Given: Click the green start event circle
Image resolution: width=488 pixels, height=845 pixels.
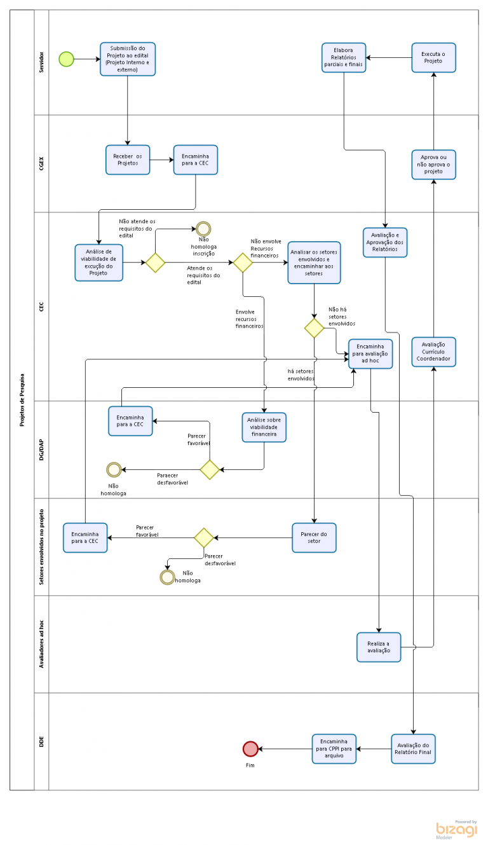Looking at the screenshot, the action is (x=66, y=59).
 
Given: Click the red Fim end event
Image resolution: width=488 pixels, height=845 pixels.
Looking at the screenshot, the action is (x=250, y=749).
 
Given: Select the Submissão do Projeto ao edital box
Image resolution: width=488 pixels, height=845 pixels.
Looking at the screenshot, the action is (x=128, y=59).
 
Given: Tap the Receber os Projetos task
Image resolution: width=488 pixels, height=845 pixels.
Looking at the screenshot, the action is (x=128, y=160).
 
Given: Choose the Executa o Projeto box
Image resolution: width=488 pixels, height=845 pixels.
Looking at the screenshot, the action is (x=434, y=58).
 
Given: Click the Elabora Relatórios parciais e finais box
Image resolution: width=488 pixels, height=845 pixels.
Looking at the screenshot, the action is (x=344, y=58).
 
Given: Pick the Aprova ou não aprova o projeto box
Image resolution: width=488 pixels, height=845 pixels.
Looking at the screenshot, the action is (x=434, y=165).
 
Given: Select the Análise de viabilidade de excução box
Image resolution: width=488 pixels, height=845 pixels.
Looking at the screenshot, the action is (x=98, y=263).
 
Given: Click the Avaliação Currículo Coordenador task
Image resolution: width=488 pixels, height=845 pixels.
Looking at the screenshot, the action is (x=434, y=352).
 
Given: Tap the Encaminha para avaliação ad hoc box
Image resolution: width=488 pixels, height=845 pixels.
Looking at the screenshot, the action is (x=370, y=354).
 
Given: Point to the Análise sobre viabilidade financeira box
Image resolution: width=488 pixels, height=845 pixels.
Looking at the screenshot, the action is (x=264, y=427).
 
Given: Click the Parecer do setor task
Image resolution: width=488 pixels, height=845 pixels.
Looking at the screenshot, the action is (x=314, y=537).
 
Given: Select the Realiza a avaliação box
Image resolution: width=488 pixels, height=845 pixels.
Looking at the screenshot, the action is (x=379, y=647).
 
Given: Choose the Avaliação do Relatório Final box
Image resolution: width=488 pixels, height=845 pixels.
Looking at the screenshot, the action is (x=413, y=749).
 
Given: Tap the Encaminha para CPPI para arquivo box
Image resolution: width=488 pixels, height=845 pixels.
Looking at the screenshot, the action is (x=334, y=749).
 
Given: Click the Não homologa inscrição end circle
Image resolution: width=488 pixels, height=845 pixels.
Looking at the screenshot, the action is (x=203, y=229).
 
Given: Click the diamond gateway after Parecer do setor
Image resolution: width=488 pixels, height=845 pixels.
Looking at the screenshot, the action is (x=204, y=537).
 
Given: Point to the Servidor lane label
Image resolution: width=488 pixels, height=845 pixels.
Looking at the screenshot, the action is (x=41, y=62).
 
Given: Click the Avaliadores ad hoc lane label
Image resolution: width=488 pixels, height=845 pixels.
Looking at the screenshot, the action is (x=41, y=644).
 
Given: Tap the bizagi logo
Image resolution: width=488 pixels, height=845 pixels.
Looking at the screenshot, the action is (x=457, y=830).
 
